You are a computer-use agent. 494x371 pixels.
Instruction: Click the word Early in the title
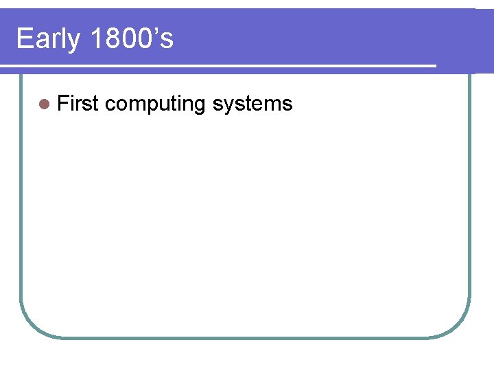pos(48,40)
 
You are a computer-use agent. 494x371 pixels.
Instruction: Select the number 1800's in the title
pos(131,39)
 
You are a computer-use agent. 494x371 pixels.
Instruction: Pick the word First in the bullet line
pos(78,104)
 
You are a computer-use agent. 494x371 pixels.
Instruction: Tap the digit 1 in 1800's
pos(95,39)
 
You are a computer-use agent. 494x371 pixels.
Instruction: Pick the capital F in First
pos(62,104)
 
